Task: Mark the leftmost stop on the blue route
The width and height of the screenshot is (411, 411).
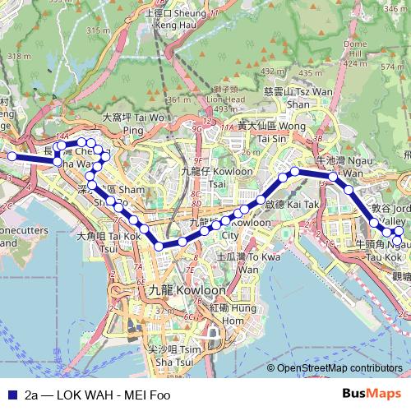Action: point(12,155)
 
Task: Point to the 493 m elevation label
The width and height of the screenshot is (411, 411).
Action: point(225,109)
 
